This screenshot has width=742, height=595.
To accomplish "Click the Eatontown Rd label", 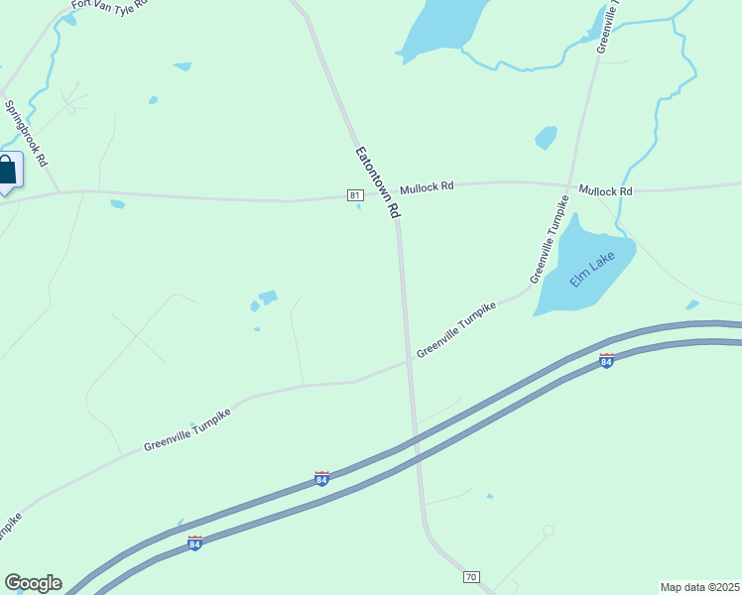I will pyautogui.click(x=378, y=182).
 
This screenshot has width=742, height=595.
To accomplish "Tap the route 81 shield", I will pyautogui.click(x=355, y=195).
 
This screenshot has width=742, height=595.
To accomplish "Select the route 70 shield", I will pyautogui.click(x=471, y=576).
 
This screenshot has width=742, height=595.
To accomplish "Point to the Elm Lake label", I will pyautogui.click(x=592, y=270).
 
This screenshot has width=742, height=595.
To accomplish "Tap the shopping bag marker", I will pyautogui.click(x=8, y=171).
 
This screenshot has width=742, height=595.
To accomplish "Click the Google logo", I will pyautogui.click(x=33, y=583).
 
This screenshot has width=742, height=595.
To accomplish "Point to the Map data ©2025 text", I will pyautogui.click(x=699, y=586).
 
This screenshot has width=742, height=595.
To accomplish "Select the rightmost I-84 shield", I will pyautogui.click(x=606, y=359).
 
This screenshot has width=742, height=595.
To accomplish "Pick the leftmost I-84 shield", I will pyautogui.click(x=194, y=543).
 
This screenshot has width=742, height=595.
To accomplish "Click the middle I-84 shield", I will pyautogui.click(x=321, y=479).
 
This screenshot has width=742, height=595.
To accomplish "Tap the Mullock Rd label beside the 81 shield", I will pyautogui.click(x=427, y=186).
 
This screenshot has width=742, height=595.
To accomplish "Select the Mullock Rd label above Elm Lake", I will pyautogui.click(x=605, y=190).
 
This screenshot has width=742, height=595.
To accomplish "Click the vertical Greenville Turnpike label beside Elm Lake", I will pyautogui.click(x=549, y=240).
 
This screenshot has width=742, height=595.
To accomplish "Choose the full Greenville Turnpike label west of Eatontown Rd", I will pyautogui.click(x=187, y=427).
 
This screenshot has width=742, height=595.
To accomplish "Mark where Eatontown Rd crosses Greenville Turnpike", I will pyautogui.click(x=408, y=362).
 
